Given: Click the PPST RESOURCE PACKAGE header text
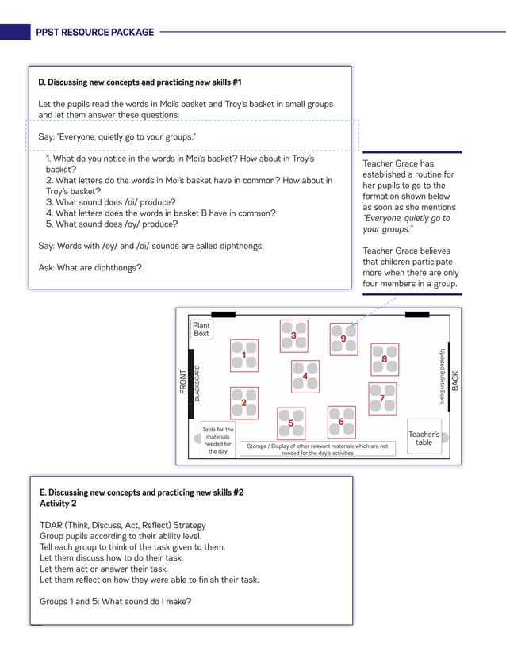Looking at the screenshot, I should [94, 33].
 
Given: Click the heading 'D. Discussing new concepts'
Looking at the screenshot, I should [140, 82].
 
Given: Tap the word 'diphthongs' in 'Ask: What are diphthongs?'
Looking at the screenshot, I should [119, 267].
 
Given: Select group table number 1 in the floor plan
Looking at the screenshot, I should [244, 355].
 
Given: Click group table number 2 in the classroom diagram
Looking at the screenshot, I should [244, 402].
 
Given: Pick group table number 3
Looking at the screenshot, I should [293, 335].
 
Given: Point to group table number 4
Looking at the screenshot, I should [305, 377].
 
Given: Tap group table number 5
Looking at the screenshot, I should [291, 423].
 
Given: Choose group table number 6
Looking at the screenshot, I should [341, 422].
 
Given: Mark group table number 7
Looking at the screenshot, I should [382, 398].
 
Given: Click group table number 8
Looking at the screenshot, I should [385, 359].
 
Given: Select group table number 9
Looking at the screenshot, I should [343, 339].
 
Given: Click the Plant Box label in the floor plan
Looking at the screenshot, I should [201, 329].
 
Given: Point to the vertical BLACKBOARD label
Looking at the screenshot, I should [197, 382].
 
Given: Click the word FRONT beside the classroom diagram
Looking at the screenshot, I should [184, 382].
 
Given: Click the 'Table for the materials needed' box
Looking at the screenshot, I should [217, 440].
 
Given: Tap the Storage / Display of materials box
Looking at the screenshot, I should [317, 450].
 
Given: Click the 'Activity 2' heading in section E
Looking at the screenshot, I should [58, 504].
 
